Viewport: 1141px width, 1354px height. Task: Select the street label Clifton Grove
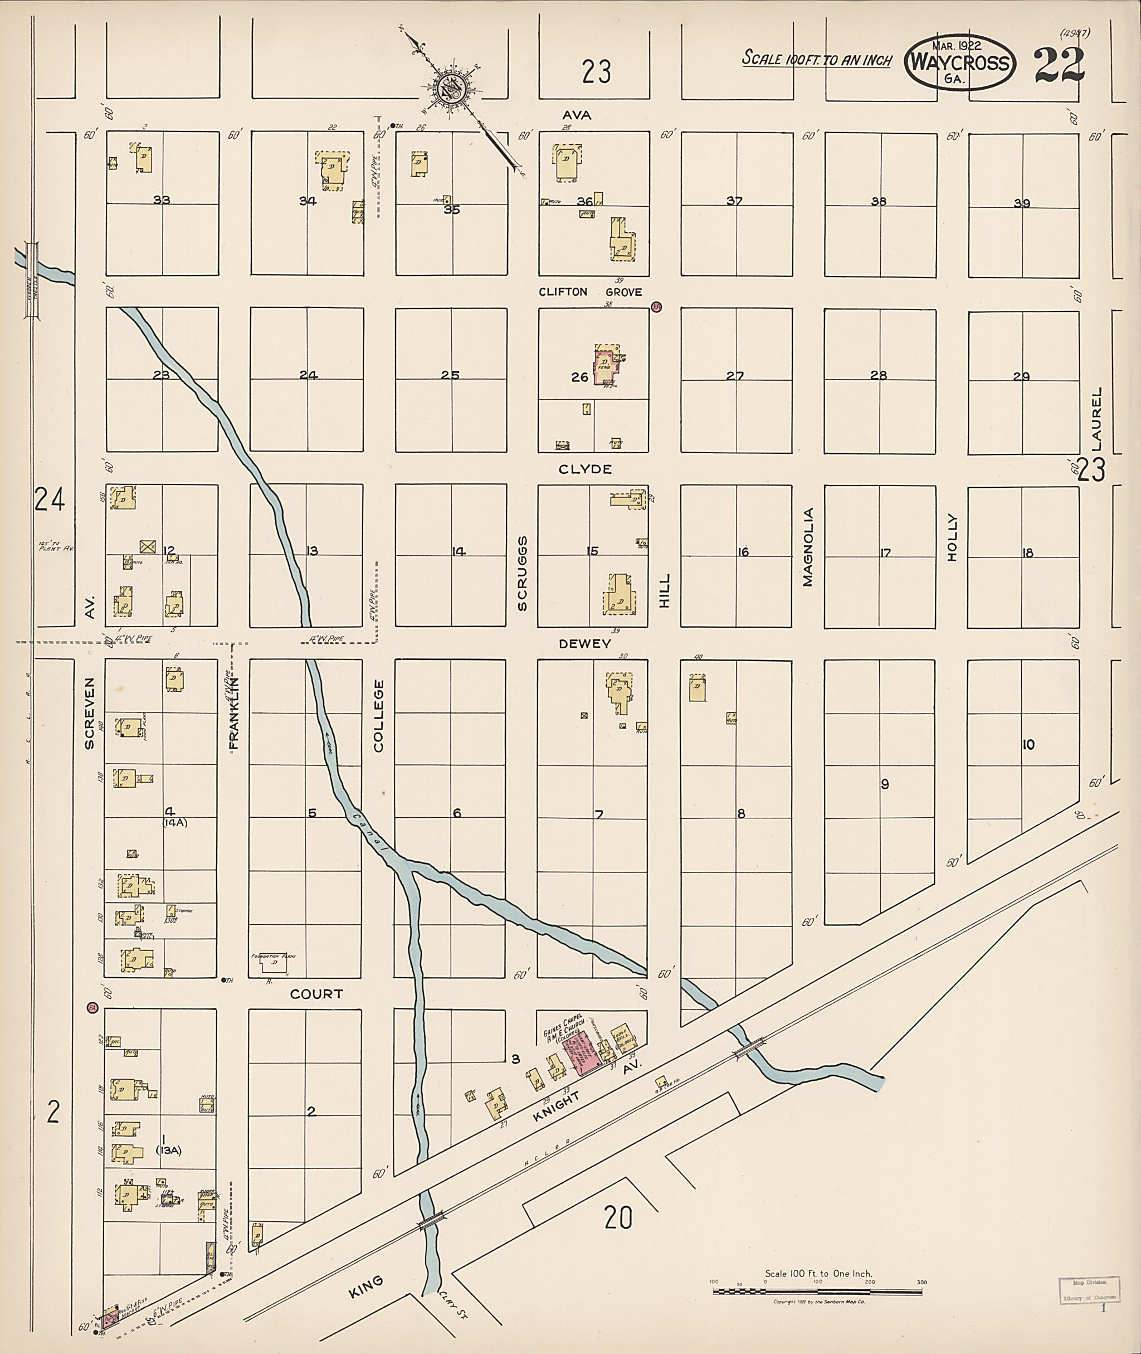pyautogui.click(x=590, y=292)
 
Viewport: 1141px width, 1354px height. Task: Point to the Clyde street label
pyautogui.click(x=585, y=469)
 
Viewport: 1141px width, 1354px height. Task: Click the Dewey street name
pyautogui.click(x=585, y=643)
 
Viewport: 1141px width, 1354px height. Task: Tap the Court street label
pyautogui.click(x=316, y=993)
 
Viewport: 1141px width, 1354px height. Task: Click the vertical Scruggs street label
pyautogui.click(x=522, y=574)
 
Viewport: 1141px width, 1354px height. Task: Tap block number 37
pyautogui.click(x=734, y=201)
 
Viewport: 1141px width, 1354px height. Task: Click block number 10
pyautogui.click(x=1028, y=744)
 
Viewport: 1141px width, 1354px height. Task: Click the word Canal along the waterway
pyautogui.click(x=362, y=830)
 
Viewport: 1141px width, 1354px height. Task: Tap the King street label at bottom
pyautogui.click(x=365, y=1287)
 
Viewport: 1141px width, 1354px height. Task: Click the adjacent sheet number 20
pyautogui.click(x=618, y=1219)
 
